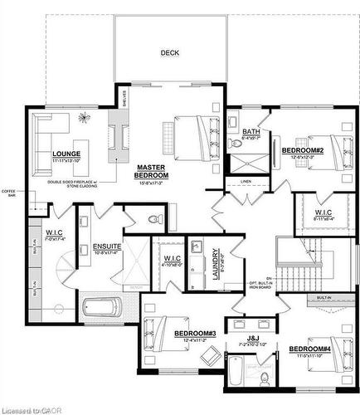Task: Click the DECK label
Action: (169, 52)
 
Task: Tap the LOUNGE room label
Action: (65, 154)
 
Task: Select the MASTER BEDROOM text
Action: (153, 172)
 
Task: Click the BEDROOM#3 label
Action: (195, 334)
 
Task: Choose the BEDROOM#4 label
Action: (309, 349)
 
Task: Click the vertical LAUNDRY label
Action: (214, 264)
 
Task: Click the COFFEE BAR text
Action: (9, 194)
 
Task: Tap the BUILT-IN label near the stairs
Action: (324, 296)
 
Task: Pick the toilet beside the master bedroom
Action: (153, 220)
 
